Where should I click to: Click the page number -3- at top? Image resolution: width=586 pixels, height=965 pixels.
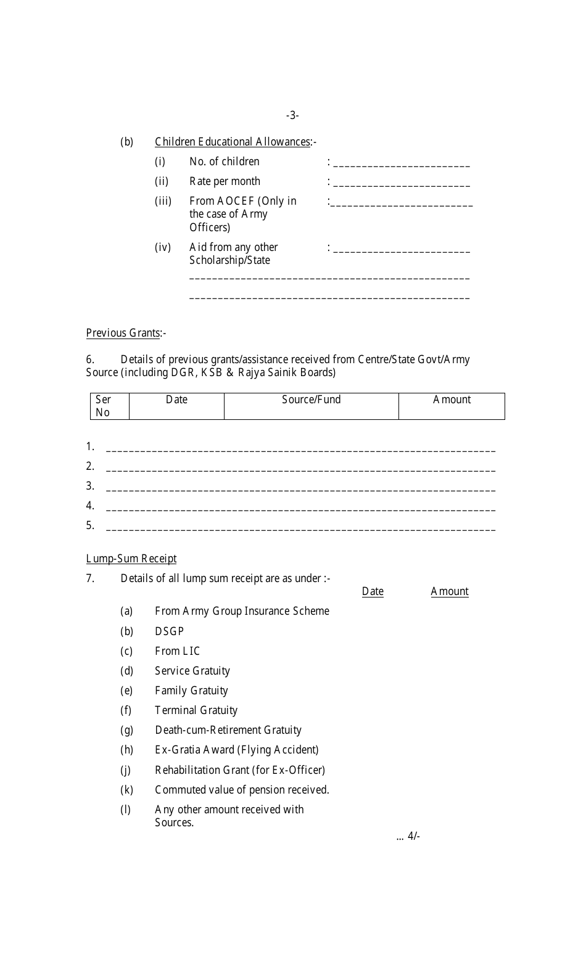click(292, 115)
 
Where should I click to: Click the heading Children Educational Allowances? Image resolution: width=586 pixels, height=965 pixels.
click(233, 142)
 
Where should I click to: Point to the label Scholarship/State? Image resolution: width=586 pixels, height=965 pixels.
click(229, 260)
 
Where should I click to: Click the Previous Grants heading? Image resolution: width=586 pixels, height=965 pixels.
click(123, 333)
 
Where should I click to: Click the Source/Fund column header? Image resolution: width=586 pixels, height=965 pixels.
click(311, 400)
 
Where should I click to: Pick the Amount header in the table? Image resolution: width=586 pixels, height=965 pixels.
click(452, 400)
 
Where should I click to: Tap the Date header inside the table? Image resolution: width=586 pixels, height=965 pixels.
click(176, 400)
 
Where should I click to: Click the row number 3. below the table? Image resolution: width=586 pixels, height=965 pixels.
click(90, 486)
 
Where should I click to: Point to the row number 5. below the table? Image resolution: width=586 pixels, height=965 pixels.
click(90, 525)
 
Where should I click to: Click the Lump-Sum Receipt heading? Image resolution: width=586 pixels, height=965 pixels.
click(131, 559)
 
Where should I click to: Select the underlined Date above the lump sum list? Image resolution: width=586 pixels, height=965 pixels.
click(373, 591)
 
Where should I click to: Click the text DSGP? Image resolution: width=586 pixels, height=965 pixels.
click(169, 631)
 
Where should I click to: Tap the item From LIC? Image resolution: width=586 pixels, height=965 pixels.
click(177, 651)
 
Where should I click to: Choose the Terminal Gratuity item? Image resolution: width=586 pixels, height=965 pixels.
click(196, 710)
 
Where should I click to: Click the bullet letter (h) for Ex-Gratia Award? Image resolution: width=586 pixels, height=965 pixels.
click(126, 750)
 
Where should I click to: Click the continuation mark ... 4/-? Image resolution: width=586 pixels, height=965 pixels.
click(408, 837)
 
